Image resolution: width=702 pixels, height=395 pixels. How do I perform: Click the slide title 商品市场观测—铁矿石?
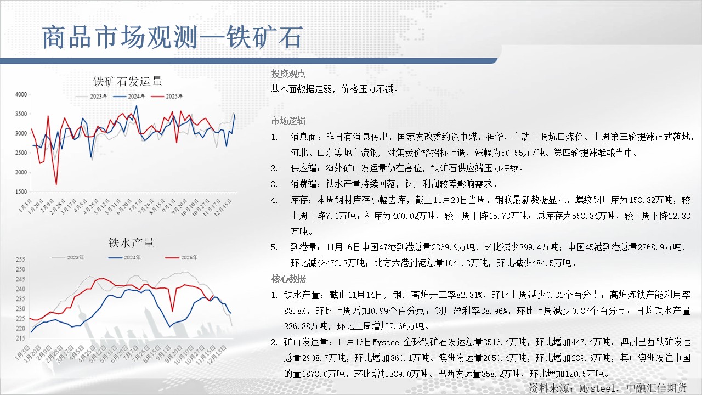click(172, 37)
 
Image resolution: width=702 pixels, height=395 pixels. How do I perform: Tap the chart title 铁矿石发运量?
click(128, 82)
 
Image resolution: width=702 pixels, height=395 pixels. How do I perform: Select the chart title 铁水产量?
click(131, 242)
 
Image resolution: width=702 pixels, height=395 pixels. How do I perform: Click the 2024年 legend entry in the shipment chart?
click(129, 96)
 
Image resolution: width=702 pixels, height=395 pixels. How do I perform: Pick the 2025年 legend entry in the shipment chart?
click(167, 96)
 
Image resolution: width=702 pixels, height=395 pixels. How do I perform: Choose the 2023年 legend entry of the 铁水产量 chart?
click(67, 257)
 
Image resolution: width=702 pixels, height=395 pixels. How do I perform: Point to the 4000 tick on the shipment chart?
click(21, 94)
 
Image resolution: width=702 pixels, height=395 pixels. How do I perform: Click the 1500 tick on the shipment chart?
click(21, 191)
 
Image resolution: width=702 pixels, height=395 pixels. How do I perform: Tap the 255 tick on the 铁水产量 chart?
click(20, 259)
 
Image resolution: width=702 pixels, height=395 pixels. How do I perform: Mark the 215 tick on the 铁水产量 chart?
click(20, 338)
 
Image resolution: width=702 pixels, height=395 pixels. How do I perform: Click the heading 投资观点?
click(288, 74)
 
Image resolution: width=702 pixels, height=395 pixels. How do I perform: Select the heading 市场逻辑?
click(288, 121)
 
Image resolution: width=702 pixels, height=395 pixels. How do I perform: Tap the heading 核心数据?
click(288, 279)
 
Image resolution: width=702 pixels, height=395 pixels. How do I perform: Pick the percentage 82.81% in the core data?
click(469, 295)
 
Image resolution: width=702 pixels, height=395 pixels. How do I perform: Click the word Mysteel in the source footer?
click(597, 388)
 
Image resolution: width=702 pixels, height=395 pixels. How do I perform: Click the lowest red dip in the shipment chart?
click(56, 184)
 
